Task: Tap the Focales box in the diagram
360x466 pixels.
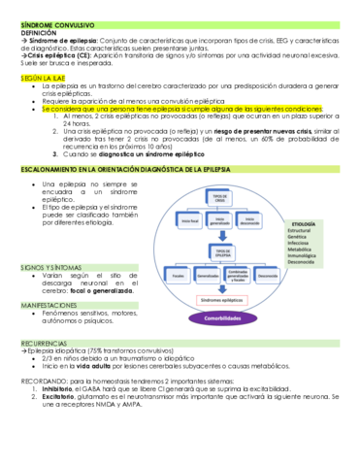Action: [178, 276]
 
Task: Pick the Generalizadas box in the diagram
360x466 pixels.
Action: [206, 276]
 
